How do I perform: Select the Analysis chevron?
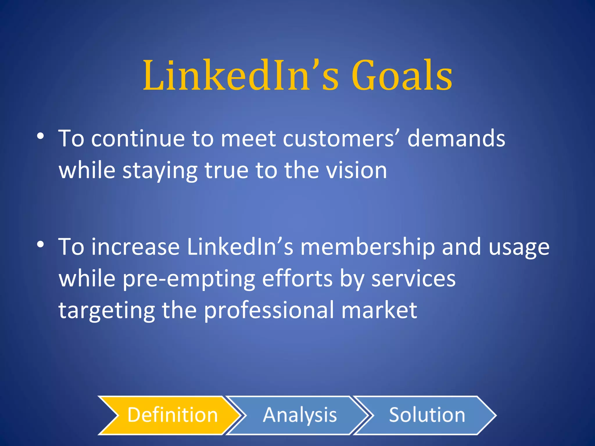click(x=299, y=415)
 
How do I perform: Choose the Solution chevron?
click(x=426, y=415)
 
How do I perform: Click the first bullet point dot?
click(x=40, y=136)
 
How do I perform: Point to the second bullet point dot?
click(x=40, y=244)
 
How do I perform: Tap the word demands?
click(x=456, y=139)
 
